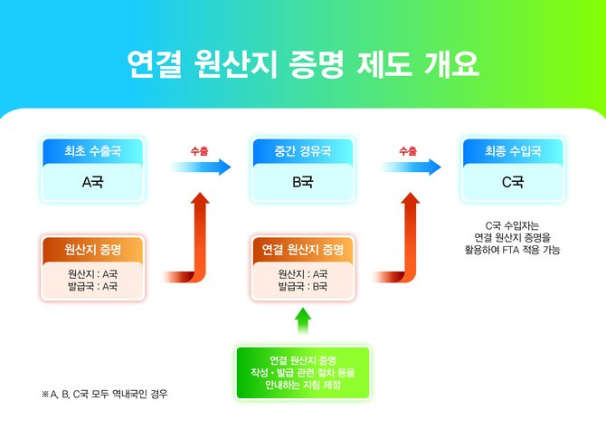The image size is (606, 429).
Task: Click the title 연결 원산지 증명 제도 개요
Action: click(x=303, y=64)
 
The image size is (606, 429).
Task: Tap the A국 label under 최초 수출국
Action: click(x=92, y=182)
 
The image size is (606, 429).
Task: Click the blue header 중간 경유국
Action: click(x=302, y=150)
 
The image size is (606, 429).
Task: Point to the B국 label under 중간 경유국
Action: click(x=302, y=182)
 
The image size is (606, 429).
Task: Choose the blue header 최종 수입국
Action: click(x=513, y=150)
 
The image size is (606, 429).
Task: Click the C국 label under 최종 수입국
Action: click(x=513, y=182)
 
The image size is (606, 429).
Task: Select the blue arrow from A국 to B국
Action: click(x=201, y=167)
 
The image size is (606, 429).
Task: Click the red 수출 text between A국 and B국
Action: click(x=199, y=150)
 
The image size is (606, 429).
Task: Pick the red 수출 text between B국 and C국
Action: click(x=408, y=150)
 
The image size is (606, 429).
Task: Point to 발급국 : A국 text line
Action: click(x=92, y=286)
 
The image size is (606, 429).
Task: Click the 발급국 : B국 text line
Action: click(x=302, y=286)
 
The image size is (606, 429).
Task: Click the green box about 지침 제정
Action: click(x=303, y=372)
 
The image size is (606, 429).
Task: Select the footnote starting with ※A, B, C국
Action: click(x=105, y=395)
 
